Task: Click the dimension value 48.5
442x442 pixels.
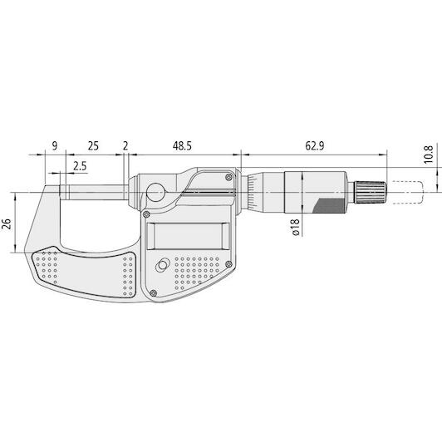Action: pos(182,146)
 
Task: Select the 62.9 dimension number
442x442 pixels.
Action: pos(315,146)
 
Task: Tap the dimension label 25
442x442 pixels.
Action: pos(93,146)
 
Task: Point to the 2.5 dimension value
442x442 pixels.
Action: pos(80,166)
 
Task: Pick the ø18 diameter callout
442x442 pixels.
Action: pos(295,227)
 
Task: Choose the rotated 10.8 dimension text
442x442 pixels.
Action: pos(428,155)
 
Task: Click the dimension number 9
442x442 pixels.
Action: pos(55,146)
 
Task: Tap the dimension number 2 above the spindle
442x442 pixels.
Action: pos(125,146)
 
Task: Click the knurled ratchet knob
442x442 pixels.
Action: pos(370,193)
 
